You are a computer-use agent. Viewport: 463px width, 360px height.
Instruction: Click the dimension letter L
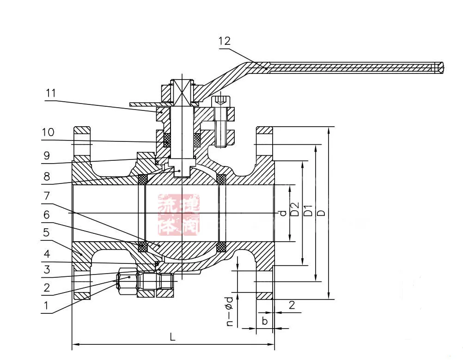(x=172, y=337)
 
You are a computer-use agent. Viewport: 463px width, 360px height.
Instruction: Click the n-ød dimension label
(x=230, y=312)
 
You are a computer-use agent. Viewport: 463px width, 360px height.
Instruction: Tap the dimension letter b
(x=264, y=320)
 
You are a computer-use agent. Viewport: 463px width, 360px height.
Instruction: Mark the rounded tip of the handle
(x=442, y=67)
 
